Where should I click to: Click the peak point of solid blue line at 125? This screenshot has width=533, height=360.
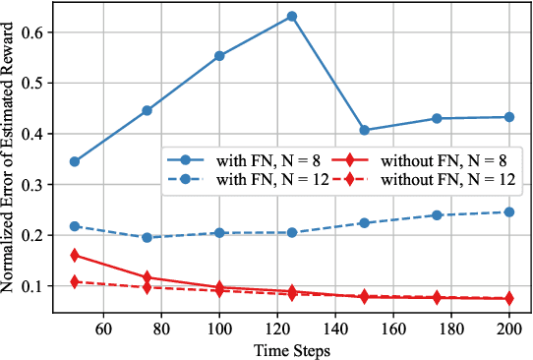292,17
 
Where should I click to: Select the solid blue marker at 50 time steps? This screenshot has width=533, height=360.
75,161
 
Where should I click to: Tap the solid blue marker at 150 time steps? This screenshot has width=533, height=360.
365,130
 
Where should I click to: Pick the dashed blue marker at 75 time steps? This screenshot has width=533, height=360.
147,237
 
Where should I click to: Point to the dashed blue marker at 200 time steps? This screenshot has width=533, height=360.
509,212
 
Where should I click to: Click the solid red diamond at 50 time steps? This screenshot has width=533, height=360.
75,255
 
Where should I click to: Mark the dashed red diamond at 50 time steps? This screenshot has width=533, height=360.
75,282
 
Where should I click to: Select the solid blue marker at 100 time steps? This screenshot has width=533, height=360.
219,56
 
